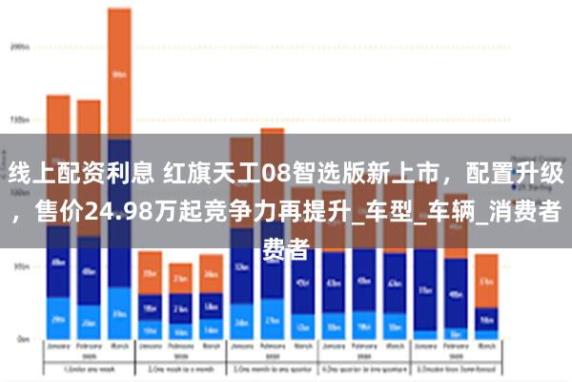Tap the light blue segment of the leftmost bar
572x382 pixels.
click(x=58, y=319)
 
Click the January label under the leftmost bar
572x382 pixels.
click(x=58, y=349)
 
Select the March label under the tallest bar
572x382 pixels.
click(x=118, y=349)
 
